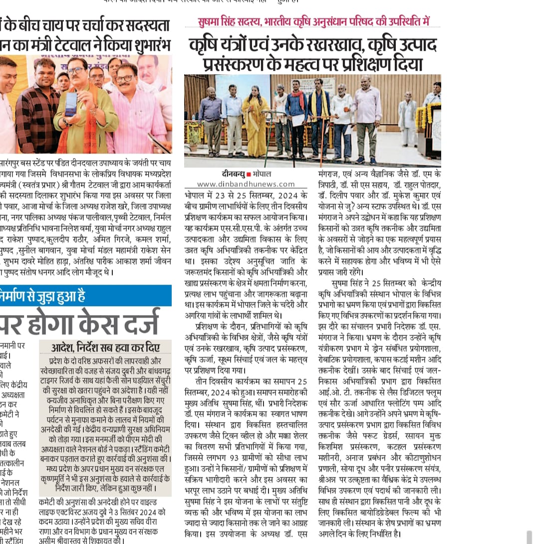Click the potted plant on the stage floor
194,138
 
